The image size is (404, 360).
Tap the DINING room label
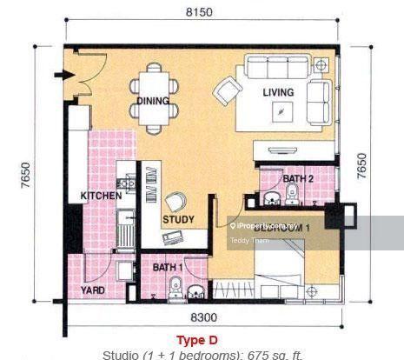click(x=153, y=101)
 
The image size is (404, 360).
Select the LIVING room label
click(x=278, y=92)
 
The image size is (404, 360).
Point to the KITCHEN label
click(x=101, y=197)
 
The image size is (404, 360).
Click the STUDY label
click(x=178, y=219)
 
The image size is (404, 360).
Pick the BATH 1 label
click(x=168, y=267)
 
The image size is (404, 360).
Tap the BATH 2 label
click(x=298, y=179)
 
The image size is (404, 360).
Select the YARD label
click(x=94, y=290)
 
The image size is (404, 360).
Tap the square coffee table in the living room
click(x=281, y=111)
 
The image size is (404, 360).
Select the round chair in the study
click(x=178, y=200)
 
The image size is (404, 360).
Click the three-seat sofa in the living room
click(x=279, y=68)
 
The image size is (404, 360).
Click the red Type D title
click(x=202, y=339)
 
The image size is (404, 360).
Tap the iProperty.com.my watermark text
click(x=264, y=225)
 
